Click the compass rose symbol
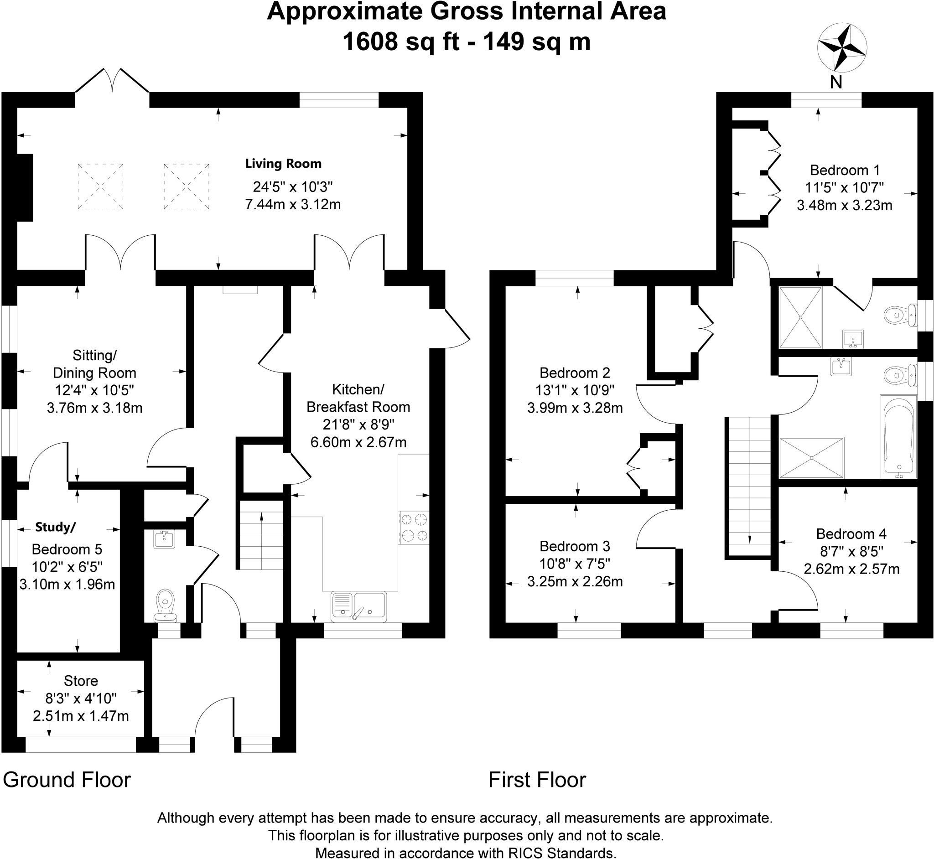point(841,48)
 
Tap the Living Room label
point(283,164)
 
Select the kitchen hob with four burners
point(414,528)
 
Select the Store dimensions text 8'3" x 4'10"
point(81,698)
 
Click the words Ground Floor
point(67,780)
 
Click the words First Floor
point(537,780)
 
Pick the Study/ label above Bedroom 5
point(55,527)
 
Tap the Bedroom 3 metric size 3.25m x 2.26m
point(575,581)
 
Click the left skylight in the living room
point(100,186)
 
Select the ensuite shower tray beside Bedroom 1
point(800,317)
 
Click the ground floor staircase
point(261,534)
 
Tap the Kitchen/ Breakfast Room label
point(358,398)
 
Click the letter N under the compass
point(836,82)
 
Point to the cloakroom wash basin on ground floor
point(164,539)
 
